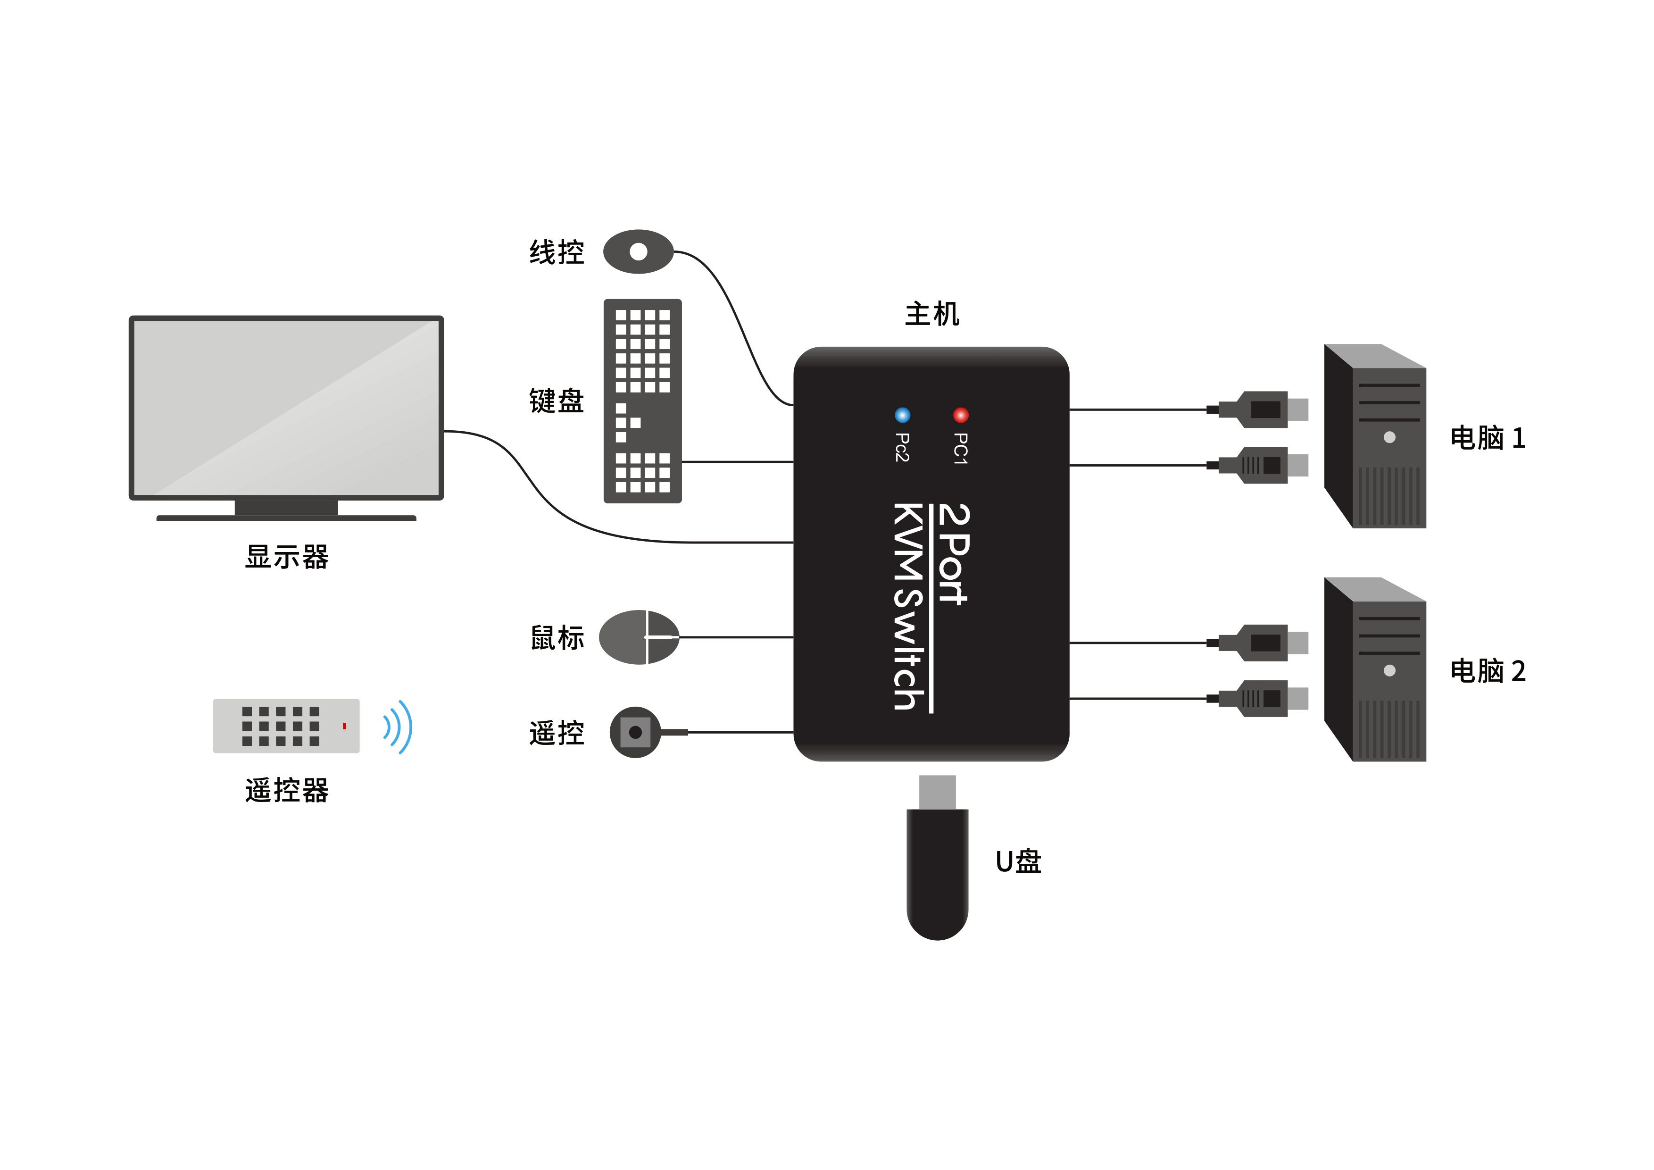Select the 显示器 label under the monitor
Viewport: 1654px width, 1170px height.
coord(287,557)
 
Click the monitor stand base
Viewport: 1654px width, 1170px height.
coord(286,517)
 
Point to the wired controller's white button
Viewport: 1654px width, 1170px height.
coord(638,251)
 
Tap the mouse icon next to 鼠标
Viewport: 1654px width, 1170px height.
coord(639,637)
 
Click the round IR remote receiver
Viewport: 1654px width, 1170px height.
coord(635,732)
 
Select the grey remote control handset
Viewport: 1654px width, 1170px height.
coord(286,726)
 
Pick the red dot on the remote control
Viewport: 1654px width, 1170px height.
coord(344,726)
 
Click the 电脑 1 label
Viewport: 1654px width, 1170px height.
coord(1488,438)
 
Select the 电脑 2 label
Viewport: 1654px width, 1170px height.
coord(1488,671)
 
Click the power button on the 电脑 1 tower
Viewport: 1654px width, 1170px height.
coord(1389,437)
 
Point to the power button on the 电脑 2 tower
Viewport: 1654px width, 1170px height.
coord(1389,671)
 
